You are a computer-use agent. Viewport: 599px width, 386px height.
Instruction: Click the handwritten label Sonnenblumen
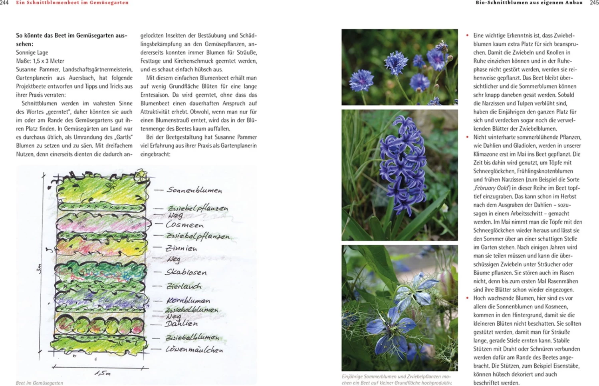194,190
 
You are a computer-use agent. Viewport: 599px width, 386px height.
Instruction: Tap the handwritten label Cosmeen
184,225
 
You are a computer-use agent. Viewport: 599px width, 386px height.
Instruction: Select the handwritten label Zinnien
181,248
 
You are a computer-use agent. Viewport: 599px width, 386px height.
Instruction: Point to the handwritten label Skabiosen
186,273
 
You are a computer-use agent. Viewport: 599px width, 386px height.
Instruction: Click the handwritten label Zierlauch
184,286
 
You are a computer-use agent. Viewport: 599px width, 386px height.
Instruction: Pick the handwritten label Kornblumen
188,300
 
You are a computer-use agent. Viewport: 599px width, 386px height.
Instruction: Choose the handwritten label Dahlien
182,323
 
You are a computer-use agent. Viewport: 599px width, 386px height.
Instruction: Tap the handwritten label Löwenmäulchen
194,349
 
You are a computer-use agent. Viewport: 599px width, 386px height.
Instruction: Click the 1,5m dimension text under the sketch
103,373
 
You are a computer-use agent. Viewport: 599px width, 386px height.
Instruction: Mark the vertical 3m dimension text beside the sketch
39,269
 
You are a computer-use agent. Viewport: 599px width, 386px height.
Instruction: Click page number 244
4,2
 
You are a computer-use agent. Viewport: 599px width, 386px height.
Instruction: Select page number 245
594,2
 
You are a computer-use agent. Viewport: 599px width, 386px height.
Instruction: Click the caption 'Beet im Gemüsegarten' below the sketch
40,383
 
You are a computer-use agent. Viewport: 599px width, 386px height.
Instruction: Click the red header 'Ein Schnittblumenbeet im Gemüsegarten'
72,2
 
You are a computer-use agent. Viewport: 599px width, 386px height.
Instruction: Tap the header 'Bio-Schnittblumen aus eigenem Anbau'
529,2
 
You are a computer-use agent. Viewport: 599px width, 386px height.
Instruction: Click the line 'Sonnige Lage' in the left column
32,52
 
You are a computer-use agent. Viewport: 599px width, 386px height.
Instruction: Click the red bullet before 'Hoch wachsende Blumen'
467,298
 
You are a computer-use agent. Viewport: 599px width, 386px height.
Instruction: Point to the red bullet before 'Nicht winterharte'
467,137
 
